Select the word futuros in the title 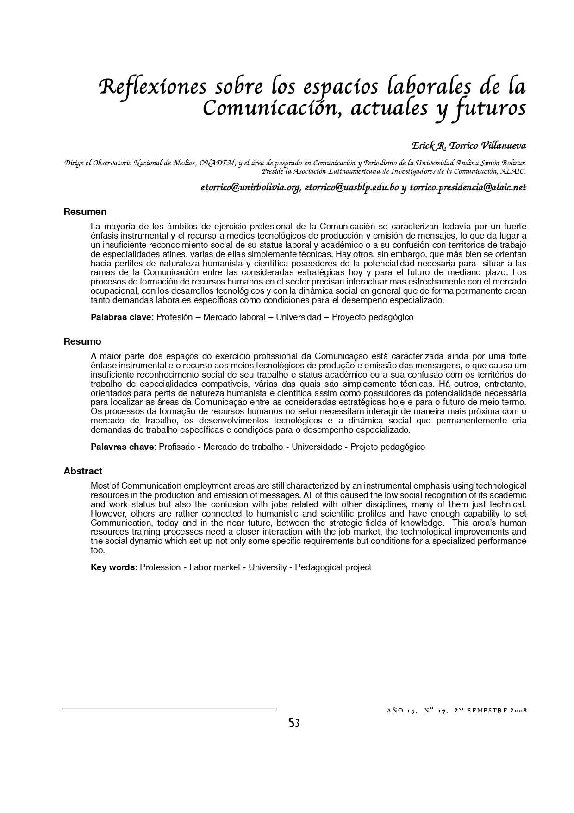coord(492,108)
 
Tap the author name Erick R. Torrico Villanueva coord(469,146)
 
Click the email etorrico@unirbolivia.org coord(250,188)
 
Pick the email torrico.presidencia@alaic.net coord(468,188)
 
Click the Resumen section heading coord(85,212)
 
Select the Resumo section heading coord(82,341)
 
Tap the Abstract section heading coord(83,471)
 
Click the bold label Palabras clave coord(121,317)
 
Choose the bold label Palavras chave coord(122,447)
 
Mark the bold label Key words coord(112,567)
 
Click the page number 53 coord(294,723)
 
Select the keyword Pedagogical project coord(333,567)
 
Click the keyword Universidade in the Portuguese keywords coord(317,447)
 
